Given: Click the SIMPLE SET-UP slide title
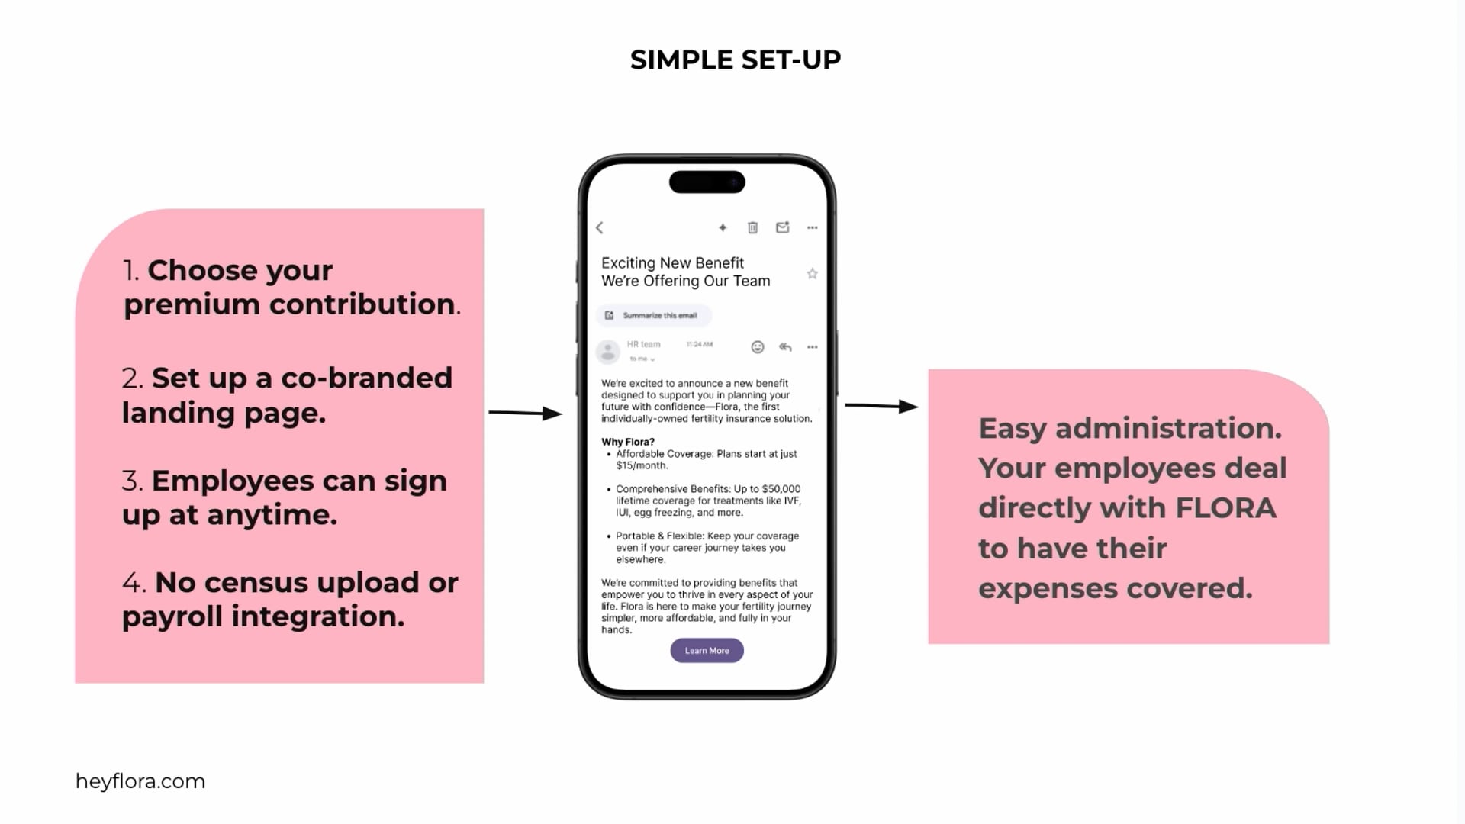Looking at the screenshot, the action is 736,60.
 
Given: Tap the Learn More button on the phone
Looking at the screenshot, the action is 707,651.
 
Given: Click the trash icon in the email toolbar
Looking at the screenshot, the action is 752,227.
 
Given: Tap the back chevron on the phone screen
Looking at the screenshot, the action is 600,227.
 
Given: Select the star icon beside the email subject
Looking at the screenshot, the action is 812,274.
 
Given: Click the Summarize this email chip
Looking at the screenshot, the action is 653,315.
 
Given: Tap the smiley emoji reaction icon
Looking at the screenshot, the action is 758,347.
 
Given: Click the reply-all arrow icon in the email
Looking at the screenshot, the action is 785,347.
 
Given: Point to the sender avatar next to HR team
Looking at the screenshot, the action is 607,352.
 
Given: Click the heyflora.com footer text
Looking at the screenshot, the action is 140,781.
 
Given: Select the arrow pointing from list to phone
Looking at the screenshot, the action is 525,413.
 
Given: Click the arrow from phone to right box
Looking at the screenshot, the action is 881,406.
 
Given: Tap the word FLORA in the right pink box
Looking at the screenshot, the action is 1226,508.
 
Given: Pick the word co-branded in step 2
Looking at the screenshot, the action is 366,378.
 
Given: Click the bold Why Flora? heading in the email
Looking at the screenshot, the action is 628,442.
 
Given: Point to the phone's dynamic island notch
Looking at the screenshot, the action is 707,182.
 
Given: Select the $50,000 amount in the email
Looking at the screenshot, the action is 781,489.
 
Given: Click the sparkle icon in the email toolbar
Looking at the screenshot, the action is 723,227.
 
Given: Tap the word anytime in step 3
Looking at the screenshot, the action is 272,515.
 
